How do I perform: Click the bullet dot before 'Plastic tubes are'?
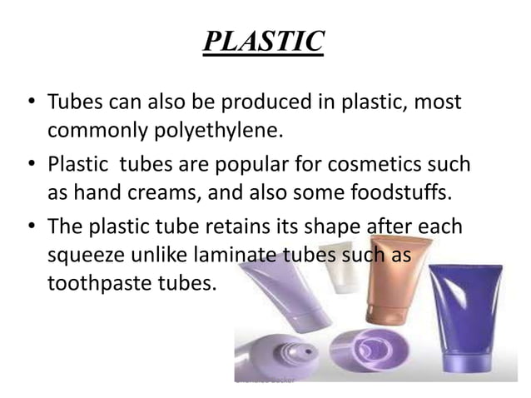click(28, 164)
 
